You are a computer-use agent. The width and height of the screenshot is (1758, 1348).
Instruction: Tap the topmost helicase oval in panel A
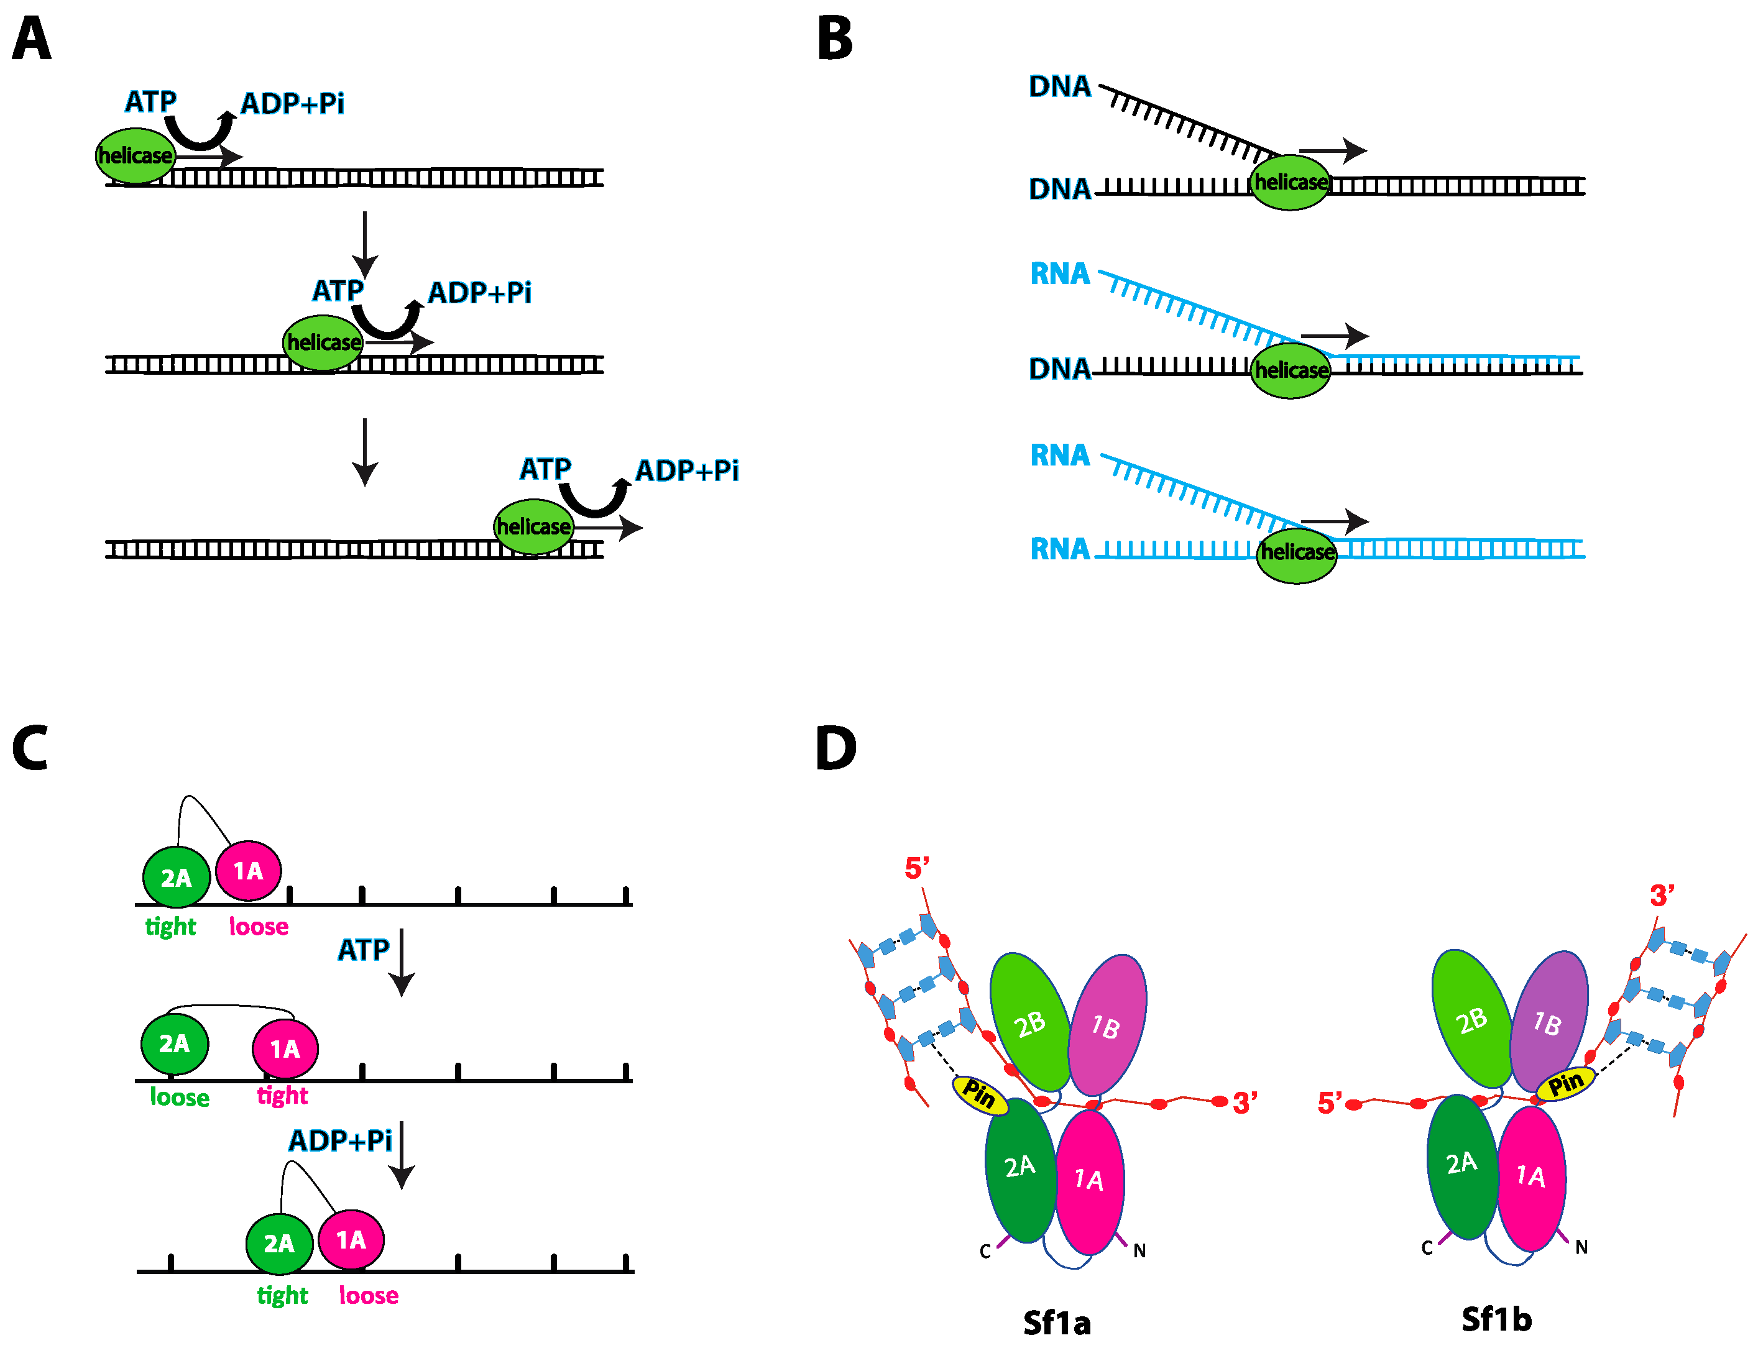(x=136, y=155)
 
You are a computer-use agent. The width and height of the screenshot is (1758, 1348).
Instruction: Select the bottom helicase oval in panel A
(x=533, y=526)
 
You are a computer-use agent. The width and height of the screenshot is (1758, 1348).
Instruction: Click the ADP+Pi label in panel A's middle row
(x=479, y=293)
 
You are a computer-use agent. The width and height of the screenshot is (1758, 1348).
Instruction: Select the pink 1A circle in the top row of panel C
(x=248, y=871)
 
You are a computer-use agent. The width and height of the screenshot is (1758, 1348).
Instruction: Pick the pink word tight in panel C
(x=282, y=1095)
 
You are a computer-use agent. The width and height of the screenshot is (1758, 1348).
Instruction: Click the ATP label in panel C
(x=362, y=950)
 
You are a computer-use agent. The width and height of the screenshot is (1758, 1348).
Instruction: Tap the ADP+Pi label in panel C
(x=340, y=1140)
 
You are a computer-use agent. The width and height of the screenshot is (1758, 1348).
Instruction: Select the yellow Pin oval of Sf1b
(x=1565, y=1084)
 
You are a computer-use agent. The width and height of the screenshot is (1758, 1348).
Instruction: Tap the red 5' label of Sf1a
(x=916, y=868)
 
